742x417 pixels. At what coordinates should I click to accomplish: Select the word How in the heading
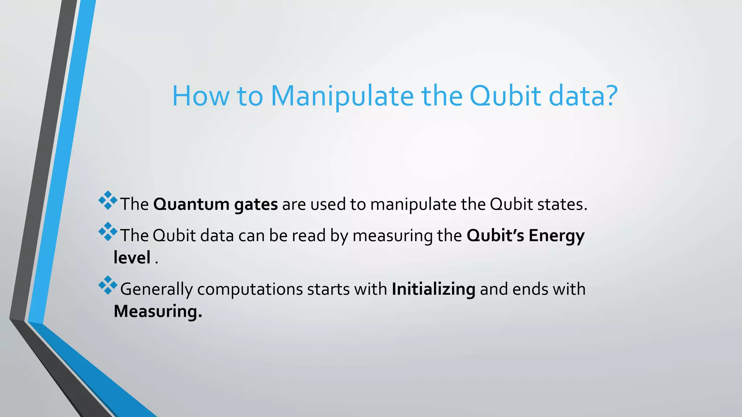point(200,96)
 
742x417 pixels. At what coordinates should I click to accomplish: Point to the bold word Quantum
point(191,205)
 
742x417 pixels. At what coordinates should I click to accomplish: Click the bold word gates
point(256,205)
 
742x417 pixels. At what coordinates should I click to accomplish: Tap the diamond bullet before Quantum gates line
point(108,201)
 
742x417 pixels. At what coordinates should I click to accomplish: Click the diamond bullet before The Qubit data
point(108,232)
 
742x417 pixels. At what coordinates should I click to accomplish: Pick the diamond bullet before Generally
point(108,285)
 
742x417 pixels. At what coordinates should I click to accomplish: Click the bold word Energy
point(556,236)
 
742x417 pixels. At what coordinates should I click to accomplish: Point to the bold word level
point(132,258)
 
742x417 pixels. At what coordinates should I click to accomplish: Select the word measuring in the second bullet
point(392,236)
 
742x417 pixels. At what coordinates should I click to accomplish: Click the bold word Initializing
point(433,289)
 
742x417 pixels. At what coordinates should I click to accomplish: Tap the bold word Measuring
point(158,311)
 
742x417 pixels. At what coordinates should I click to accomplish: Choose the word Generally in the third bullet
point(156,289)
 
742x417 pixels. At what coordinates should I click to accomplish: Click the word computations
point(250,289)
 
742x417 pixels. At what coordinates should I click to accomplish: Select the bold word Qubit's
point(495,236)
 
